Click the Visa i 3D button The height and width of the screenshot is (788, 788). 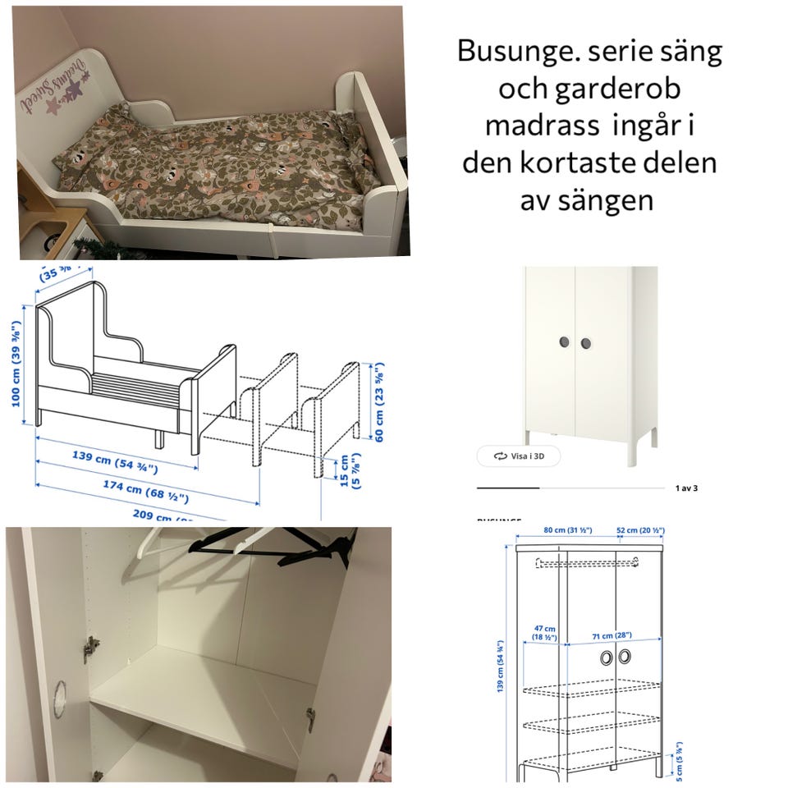click(x=519, y=456)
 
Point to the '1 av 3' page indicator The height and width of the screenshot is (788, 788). click(x=686, y=488)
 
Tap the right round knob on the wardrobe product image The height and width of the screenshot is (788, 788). click(x=586, y=342)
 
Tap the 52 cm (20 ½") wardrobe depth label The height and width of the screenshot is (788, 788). click(x=640, y=531)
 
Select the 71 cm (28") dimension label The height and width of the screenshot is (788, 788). click(x=616, y=636)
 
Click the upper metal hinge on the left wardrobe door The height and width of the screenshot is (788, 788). click(x=89, y=648)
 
